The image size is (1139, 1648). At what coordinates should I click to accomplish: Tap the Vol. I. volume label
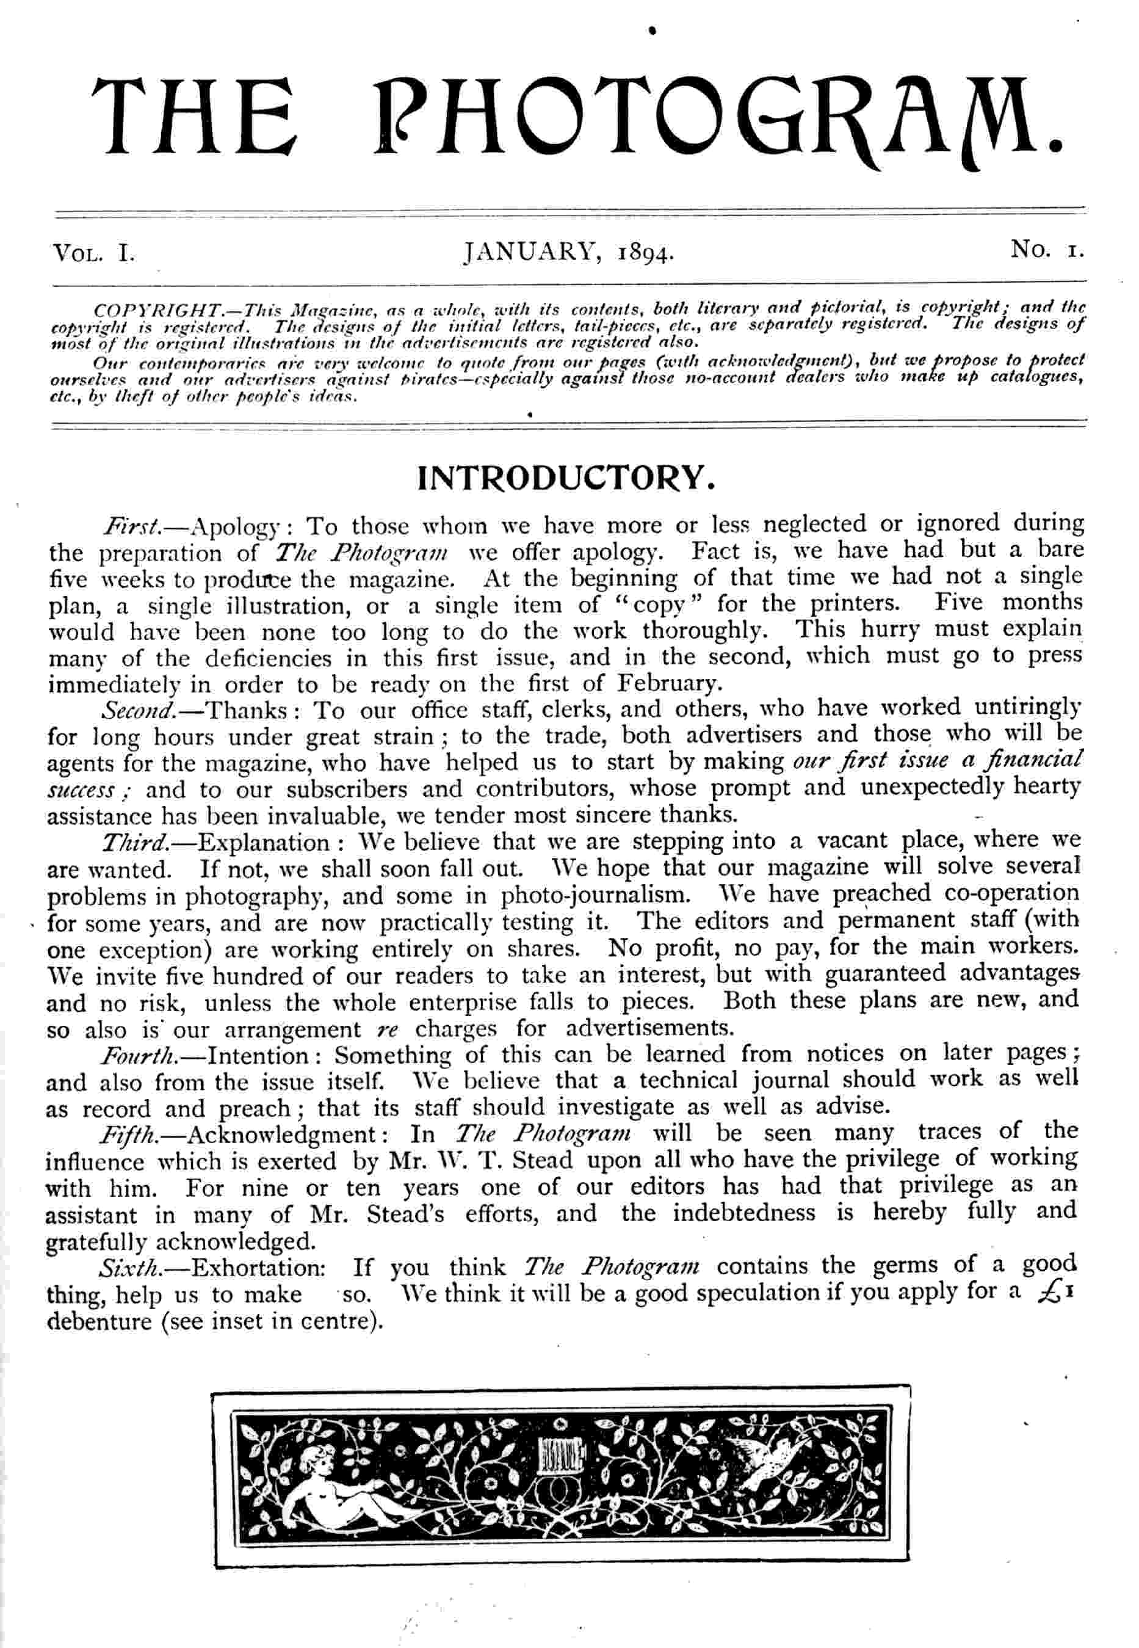pyautogui.click(x=93, y=253)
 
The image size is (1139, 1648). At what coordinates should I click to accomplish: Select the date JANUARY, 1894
pyautogui.click(x=569, y=253)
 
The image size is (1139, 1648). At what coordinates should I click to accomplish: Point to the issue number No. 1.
pyautogui.click(x=1047, y=250)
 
